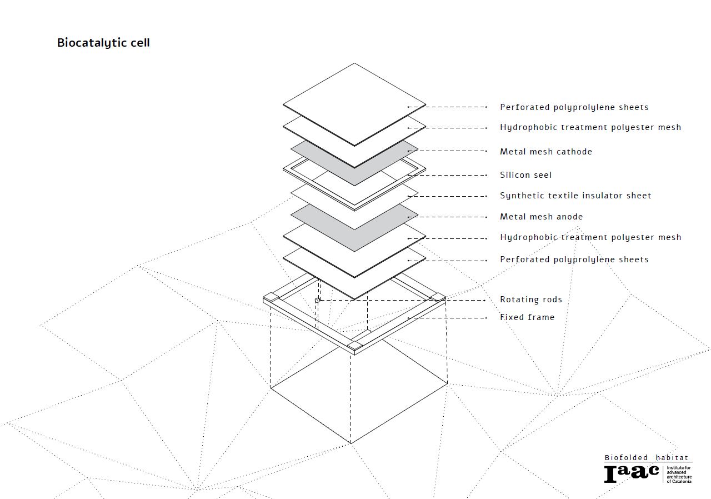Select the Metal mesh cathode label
click(x=545, y=152)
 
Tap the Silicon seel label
click(x=525, y=175)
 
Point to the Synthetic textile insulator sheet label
click(x=575, y=196)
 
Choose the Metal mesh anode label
click(x=541, y=217)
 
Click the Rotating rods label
click(x=530, y=300)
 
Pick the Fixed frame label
click(x=527, y=317)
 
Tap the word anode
click(x=570, y=217)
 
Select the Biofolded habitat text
click(x=647, y=458)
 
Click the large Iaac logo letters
click(x=631, y=473)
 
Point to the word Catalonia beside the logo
click(x=679, y=481)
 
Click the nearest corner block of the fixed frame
click(x=354, y=347)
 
